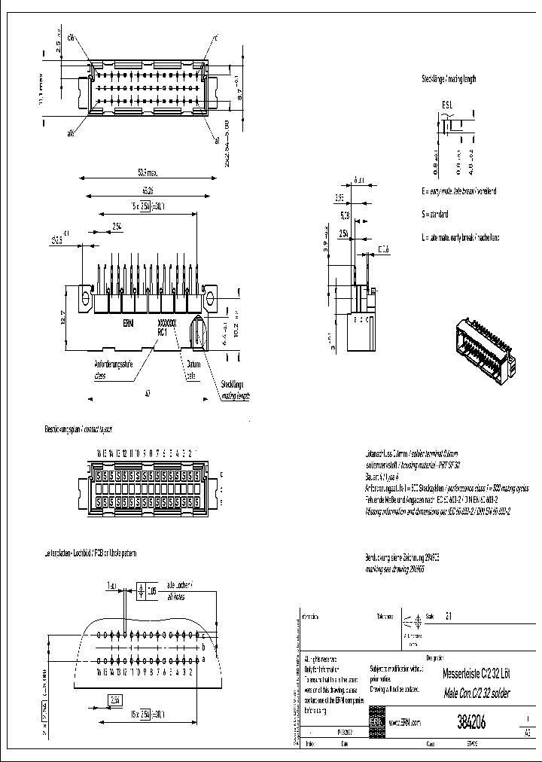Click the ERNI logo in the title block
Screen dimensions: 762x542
(x=376, y=721)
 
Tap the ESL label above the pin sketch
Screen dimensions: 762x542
(x=446, y=105)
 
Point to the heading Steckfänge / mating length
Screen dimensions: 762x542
(x=449, y=79)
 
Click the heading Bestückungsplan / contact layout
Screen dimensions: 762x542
(x=78, y=428)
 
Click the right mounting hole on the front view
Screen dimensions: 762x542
(x=211, y=300)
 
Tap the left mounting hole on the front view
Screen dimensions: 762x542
(x=85, y=300)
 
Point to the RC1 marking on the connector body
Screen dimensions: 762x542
(x=162, y=331)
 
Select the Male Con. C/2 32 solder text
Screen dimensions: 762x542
(x=461, y=693)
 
